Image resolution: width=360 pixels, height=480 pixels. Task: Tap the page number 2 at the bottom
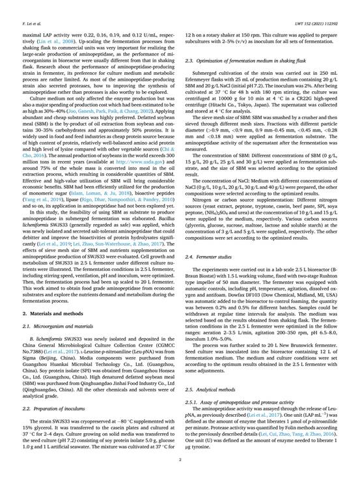pos(180,460)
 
